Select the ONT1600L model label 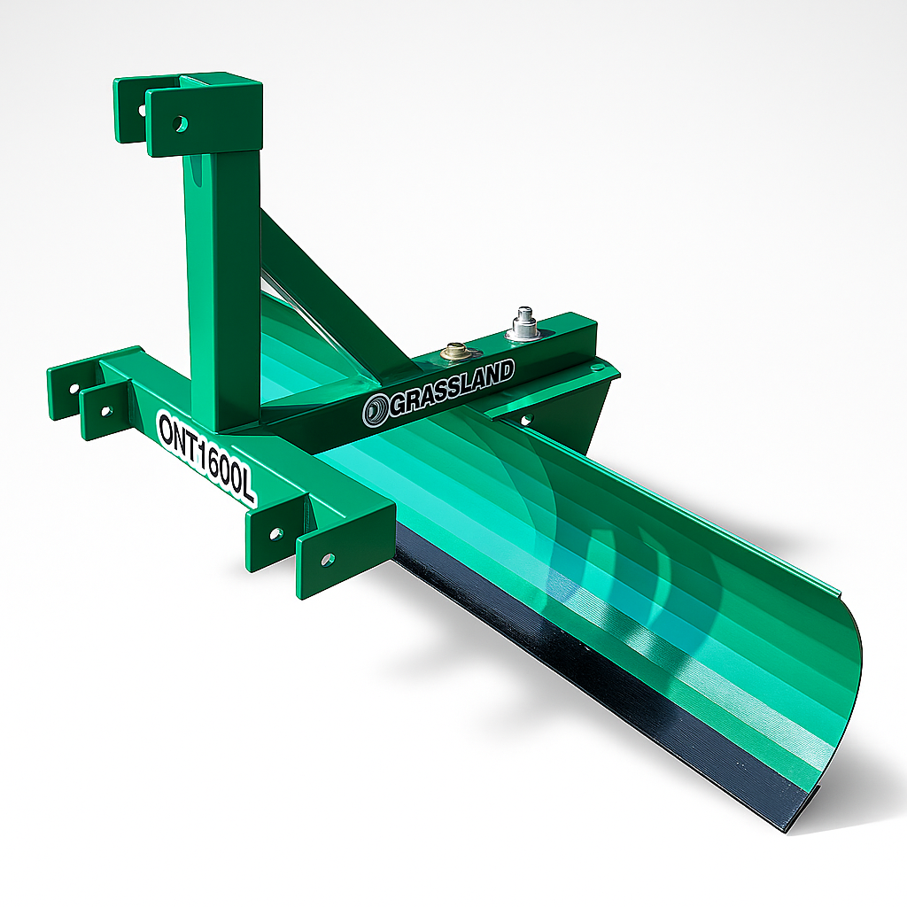coord(205,455)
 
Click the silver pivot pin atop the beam coord(524,322)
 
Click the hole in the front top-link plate coord(181,124)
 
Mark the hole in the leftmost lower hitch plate coord(74,388)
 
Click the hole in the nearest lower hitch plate coord(328,560)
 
